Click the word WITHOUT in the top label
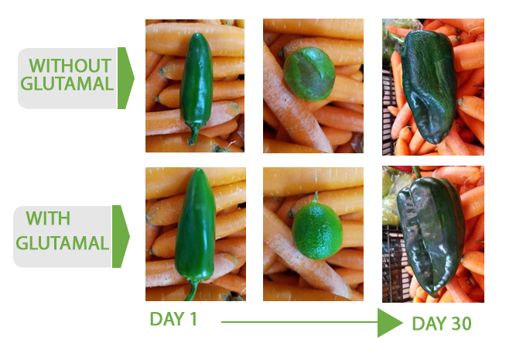click(x=70, y=66)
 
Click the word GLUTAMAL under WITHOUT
click(x=67, y=84)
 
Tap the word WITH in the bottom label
click(x=48, y=218)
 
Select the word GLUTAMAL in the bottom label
click(x=62, y=243)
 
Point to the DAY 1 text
click(x=173, y=319)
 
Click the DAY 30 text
click(x=442, y=323)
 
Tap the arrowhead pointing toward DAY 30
click(x=390, y=323)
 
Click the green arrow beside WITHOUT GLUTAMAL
click(x=125, y=78)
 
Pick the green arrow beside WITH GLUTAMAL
click(x=121, y=236)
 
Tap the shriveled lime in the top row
click(x=309, y=74)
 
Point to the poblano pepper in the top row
click(x=429, y=86)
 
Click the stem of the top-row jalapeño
click(x=195, y=134)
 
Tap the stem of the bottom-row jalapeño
click(x=193, y=290)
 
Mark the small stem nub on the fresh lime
click(x=315, y=197)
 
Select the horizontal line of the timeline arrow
click(x=299, y=322)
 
